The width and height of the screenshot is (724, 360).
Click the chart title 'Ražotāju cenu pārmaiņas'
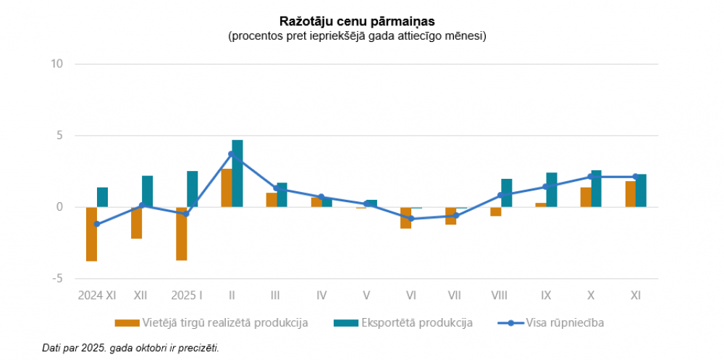tap(356, 22)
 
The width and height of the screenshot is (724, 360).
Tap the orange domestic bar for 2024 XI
tap(91, 234)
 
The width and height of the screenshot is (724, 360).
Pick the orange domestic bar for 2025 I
tap(181, 233)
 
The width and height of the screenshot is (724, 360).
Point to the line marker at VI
tap(411, 218)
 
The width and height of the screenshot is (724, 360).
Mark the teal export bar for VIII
tap(507, 193)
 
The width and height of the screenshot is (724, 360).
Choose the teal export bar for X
tap(597, 188)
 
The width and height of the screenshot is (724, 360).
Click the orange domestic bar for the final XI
tap(631, 194)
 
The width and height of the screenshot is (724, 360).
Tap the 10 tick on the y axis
tap(57, 64)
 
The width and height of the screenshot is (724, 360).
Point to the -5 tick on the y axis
tap(57, 278)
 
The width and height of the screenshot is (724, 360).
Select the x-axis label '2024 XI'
tap(97, 296)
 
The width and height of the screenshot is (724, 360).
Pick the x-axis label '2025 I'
tap(187, 296)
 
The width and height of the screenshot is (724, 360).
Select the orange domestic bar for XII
tap(136, 222)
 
